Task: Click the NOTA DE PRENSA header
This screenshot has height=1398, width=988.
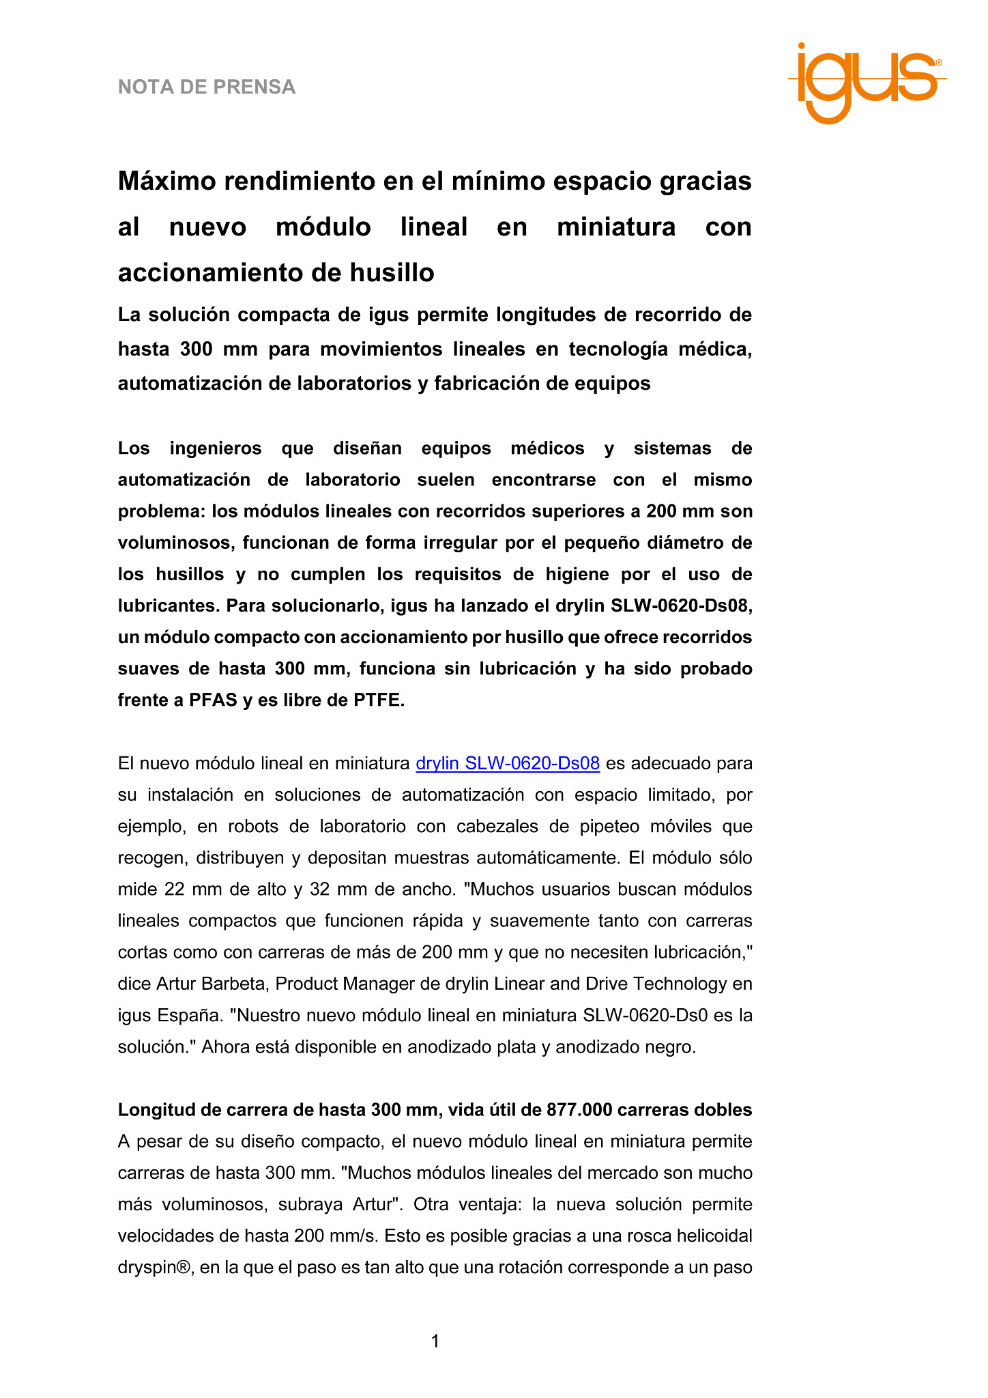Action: click(x=207, y=87)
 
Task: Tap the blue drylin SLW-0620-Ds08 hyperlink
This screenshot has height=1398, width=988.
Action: click(x=508, y=763)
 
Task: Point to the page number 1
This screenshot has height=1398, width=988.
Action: click(x=435, y=1341)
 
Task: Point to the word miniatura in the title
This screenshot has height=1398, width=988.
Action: click(x=615, y=227)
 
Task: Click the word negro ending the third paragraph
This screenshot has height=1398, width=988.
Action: click(x=669, y=1047)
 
